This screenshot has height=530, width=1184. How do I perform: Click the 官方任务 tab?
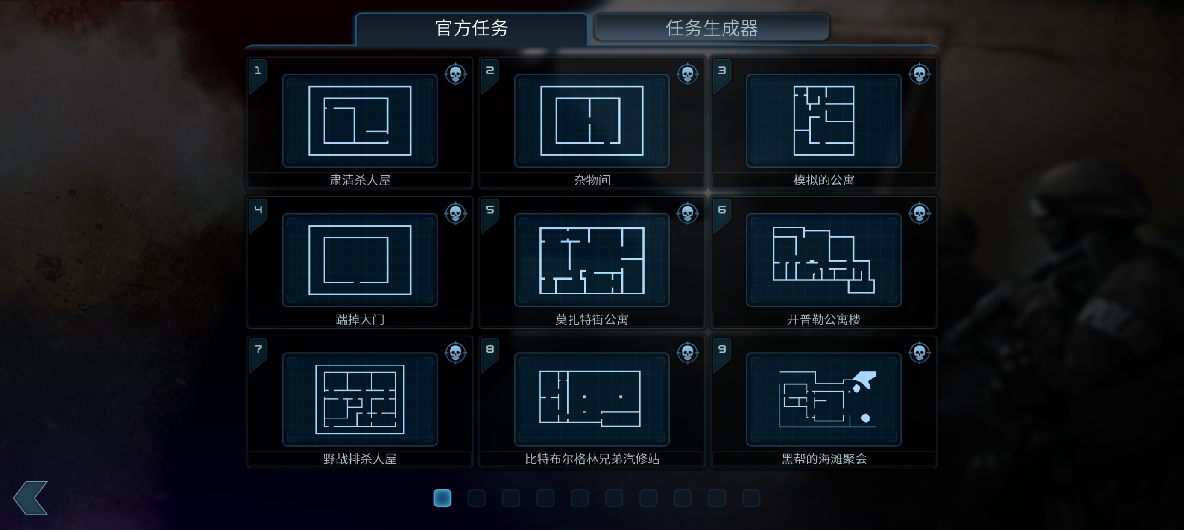click(x=472, y=29)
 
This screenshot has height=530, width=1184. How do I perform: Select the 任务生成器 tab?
click(x=712, y=28)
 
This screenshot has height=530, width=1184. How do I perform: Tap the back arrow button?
click(x=31, y=498)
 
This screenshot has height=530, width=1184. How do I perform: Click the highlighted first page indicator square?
click(x=442, y=498)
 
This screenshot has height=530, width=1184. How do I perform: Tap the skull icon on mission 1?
click(x=455, y=74)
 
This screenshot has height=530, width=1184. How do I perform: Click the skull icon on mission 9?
click(x=919, y=353)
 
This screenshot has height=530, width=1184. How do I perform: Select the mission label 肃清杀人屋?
click(x=360, y=180)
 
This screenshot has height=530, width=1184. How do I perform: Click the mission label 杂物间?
click(x=592, y=180)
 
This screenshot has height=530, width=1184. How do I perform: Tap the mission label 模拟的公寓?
click(x=824, y=180)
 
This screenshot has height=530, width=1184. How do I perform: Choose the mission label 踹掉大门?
click(x=360, y=319)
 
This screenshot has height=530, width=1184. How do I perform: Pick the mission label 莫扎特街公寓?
click(x=592, y=319)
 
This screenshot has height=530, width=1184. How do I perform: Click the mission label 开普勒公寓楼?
click(x=824, y=319)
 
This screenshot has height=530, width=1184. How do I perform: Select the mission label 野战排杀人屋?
click(x=360, y=459)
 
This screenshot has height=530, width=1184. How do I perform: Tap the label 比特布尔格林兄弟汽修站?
click(x=592, y=459)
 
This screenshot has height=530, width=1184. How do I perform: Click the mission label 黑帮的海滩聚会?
click(x=824, y=459)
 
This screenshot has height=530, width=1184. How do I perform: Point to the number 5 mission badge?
click(x=490, y=210)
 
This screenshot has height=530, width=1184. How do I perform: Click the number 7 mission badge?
click(x=258, y=349)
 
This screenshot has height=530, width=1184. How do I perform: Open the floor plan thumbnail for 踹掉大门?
click(x=360, y=260)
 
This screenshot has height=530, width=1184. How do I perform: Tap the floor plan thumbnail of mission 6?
click(x=824, y=260)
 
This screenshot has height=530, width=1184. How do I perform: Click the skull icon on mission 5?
click(x=688, y=213)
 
